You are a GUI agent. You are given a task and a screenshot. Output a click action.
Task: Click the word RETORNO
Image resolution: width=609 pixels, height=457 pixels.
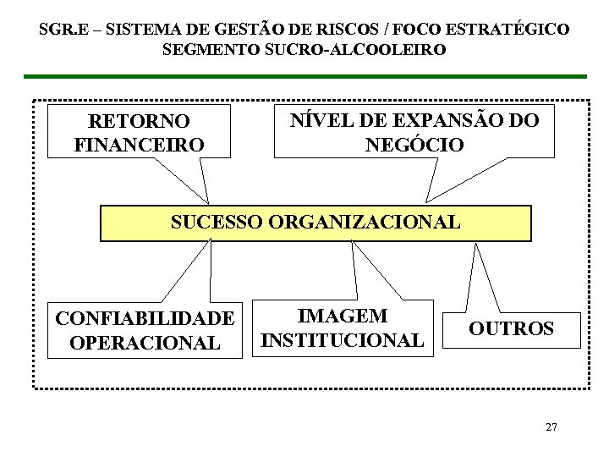pos(139,122)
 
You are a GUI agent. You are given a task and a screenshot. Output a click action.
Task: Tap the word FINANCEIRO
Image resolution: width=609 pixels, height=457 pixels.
pos(139,145)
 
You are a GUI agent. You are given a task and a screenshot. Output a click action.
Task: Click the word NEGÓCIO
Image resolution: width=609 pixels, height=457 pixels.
pos(414,145)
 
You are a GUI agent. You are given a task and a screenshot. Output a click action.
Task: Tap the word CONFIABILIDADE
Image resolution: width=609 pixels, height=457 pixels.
pos(145,319)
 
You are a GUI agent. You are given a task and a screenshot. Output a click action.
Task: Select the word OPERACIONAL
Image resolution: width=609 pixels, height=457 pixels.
pos(145,343)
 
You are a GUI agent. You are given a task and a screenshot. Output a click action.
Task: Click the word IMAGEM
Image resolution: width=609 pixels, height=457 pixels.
pos(343,317)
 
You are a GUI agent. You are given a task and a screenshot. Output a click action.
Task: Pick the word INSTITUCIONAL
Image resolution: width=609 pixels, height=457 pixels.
pos(343,340)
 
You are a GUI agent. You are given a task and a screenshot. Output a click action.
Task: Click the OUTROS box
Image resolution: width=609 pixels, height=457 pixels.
pos(511,328)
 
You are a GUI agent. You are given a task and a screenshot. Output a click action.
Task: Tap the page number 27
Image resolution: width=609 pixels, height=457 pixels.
pos(551,427)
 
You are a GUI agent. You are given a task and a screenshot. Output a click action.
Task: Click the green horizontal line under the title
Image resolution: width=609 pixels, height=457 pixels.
pos(304,76)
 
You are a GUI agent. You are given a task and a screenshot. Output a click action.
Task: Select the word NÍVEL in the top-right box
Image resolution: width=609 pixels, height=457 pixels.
pos(317,120)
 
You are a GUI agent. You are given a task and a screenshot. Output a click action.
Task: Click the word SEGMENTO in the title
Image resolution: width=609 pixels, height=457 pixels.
pos(211,50)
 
